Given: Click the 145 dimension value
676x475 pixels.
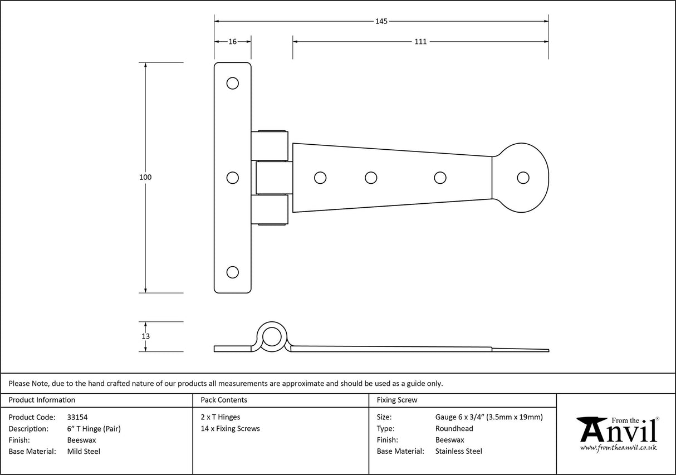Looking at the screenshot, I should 381,22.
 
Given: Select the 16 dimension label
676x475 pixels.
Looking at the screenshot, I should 232,41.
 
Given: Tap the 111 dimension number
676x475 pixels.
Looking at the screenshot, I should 420,41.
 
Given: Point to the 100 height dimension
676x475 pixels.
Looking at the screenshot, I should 145,177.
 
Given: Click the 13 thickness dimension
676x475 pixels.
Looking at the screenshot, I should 145,336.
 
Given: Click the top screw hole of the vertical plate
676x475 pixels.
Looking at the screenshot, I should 233,84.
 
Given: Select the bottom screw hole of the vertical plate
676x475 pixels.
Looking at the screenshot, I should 233,272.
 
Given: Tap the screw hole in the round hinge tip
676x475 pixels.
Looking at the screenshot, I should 522,177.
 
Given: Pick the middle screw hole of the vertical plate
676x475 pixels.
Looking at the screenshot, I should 233,178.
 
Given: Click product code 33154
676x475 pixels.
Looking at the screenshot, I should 77,417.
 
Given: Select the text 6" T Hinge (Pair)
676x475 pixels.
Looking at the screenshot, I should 94,428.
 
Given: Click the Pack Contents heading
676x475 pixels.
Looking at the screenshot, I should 223,400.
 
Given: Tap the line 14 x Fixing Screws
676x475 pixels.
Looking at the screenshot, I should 230,428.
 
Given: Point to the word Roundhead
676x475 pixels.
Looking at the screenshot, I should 454,428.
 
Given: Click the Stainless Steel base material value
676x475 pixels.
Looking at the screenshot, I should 458,452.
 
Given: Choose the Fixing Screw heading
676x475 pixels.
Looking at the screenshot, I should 397,400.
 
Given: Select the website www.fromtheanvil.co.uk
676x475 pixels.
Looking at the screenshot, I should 618,447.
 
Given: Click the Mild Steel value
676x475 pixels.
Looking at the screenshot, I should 84,452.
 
